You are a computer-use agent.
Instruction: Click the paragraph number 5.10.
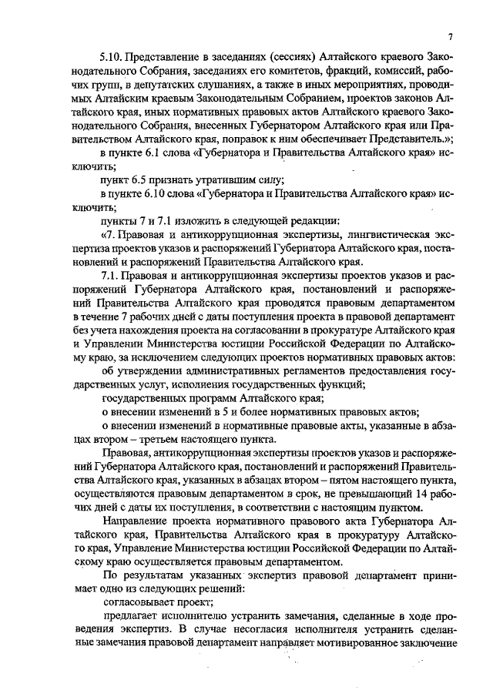click(x=111, y=57)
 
